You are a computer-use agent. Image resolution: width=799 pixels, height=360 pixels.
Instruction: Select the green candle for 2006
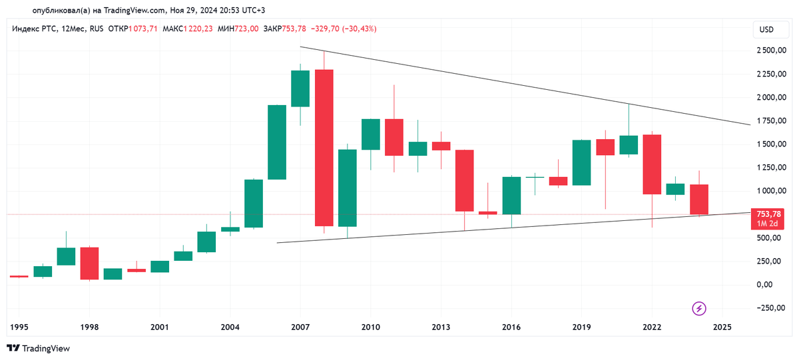[277, 142]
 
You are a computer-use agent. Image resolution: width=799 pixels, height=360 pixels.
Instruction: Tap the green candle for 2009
[347, 188]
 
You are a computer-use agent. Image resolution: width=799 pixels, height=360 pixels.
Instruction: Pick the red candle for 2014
[464, 180]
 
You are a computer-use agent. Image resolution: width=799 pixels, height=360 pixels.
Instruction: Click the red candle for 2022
[652, 164]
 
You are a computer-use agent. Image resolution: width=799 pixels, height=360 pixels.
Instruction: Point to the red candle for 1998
[89, 264]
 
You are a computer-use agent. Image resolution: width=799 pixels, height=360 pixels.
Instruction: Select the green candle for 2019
[581, 162]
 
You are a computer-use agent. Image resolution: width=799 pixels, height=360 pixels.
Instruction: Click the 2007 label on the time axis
[300, 327]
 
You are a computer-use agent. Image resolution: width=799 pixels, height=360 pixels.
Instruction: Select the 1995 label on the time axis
[19, 327]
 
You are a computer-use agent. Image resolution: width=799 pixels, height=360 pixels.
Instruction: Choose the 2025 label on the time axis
[722, 327]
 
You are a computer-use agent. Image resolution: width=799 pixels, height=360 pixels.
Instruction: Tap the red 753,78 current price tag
[768, 214]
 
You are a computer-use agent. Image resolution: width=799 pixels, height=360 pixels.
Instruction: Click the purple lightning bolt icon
[699, 308]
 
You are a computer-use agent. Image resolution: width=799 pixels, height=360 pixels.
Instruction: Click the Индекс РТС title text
[34, 29]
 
